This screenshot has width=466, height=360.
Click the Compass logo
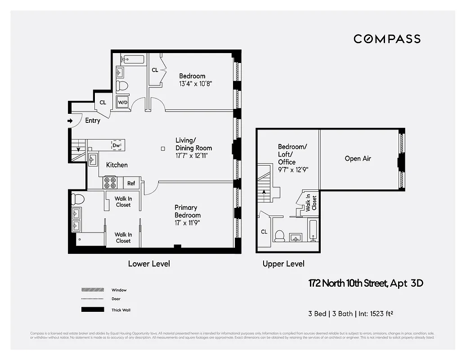click(x=387, y=39)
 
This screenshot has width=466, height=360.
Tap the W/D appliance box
click(x=122, y=102)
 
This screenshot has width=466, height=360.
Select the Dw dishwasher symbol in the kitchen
click(x=116, y=145)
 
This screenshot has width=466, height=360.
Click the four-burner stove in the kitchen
click(x=110, y=183)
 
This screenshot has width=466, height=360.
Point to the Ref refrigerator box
click(x=131, y=183)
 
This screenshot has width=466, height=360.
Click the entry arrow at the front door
click(x=70, y=121)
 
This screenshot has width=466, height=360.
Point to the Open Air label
click(x=358, y=158)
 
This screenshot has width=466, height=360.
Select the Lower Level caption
click(x=149, y=264)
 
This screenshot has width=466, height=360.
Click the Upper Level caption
click(x=283, y=264)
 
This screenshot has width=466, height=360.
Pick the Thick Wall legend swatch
click(x=92, y=310)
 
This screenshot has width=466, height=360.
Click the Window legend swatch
click(x=92, y=290)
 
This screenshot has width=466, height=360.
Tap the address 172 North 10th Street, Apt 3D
click(x=365, y=283)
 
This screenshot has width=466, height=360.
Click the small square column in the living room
click(x=163, y=148)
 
